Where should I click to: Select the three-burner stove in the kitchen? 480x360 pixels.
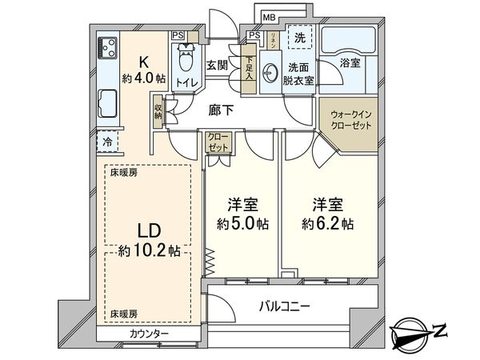coord(108,49)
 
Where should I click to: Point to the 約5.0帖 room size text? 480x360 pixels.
coord(240,225)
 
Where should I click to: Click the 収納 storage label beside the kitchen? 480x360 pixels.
coord(158,110)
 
